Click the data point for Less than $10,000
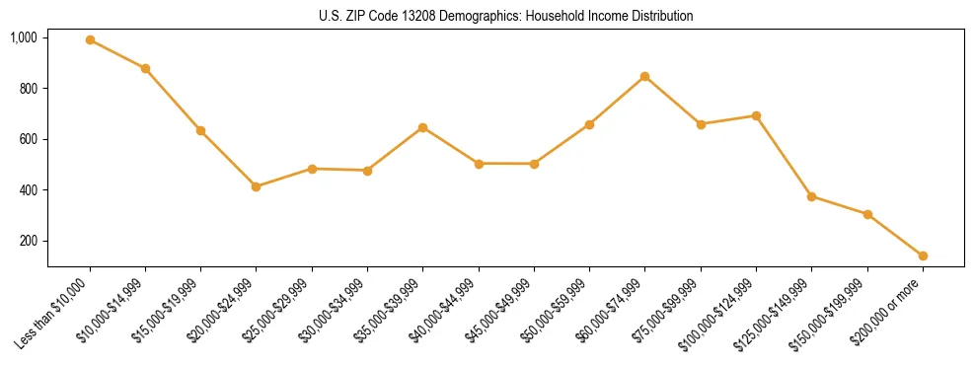[x=90, y=40]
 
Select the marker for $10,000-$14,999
[x=145, y=68]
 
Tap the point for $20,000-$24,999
[x=257, y=186]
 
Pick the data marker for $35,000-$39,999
[x=422, y=127]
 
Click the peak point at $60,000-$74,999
[x=644, y=76]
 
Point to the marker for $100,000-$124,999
[x=756, y=115]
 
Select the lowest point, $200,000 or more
[x=923, y=255]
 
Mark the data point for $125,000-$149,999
[x=811, y=196]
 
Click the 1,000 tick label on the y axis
[x=24, y=37]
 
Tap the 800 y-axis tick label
[x=29, y=89]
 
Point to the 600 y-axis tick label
[x=29, y=139]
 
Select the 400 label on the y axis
[x=29, y=190]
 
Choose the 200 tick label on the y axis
[x=29, y=241]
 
